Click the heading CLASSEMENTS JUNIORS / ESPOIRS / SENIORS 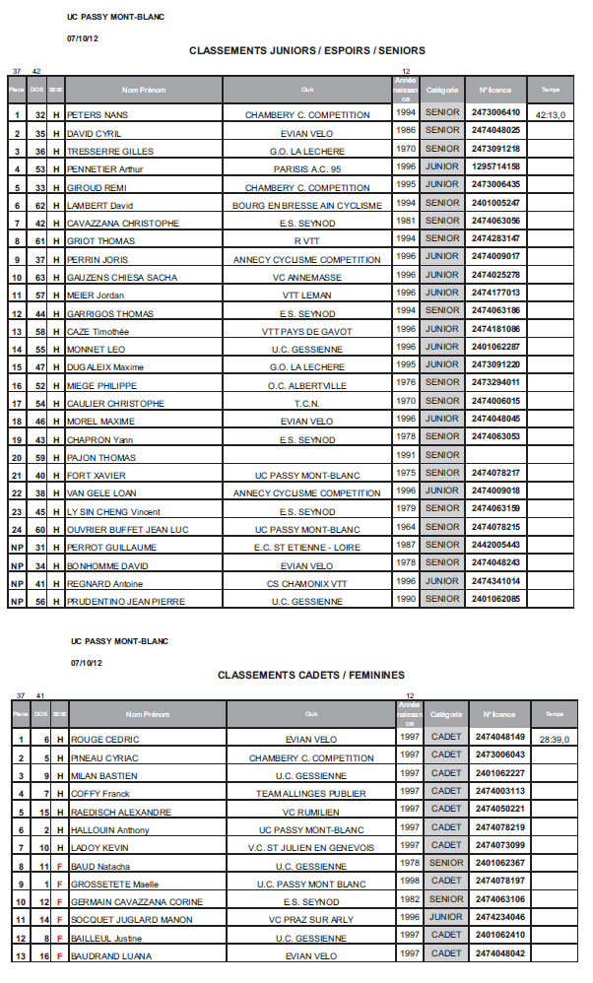pyautogui.click(x=306, y=50)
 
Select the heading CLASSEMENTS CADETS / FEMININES pyautogui.click(x=310, y=675)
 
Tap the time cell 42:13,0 pyautogui.click(x=551, y=115)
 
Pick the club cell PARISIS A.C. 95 pyautogui.click(x=307, y=169)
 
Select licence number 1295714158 pyautogui.click(x=496, y=166)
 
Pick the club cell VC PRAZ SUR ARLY pyautogui.click(x=311, y=920)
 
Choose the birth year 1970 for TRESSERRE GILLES pyautogui.click(x=405, y=149)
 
